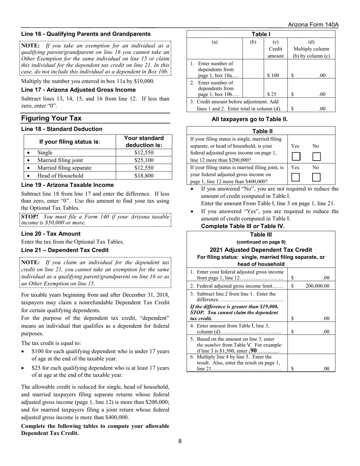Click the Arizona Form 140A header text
click(x=313, y=25)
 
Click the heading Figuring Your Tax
click(x=51, y=118)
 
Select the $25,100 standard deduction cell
click(x=144, y=160)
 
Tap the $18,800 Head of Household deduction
click(x=144, y=175)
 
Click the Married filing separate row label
click(x=64, y=168)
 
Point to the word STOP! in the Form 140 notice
click(x=30, y=217)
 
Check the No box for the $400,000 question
click(x=316, y=177)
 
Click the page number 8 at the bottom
click(x=180, y=441)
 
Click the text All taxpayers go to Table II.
click(x=250, y=119)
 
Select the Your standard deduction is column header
click(x=144, y=142)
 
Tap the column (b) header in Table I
click(x=253, y=42)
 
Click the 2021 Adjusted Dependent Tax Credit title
click(x=261, y=250)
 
